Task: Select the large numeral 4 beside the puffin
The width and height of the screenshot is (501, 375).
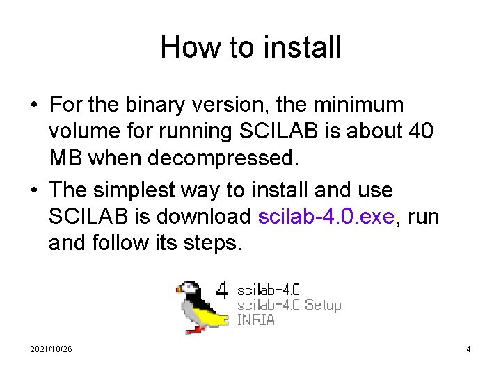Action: point(221,290)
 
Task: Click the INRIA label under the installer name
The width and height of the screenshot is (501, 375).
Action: point(256,320)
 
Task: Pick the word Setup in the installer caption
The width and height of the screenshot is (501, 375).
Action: point(322,305)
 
